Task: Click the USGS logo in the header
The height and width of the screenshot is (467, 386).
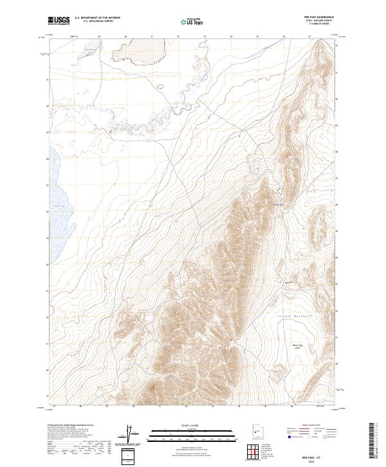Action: (x=59, y=21)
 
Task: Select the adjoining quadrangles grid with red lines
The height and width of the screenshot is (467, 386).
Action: (x=255, y=453)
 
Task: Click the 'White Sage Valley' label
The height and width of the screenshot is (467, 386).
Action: (x=297, y=346)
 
